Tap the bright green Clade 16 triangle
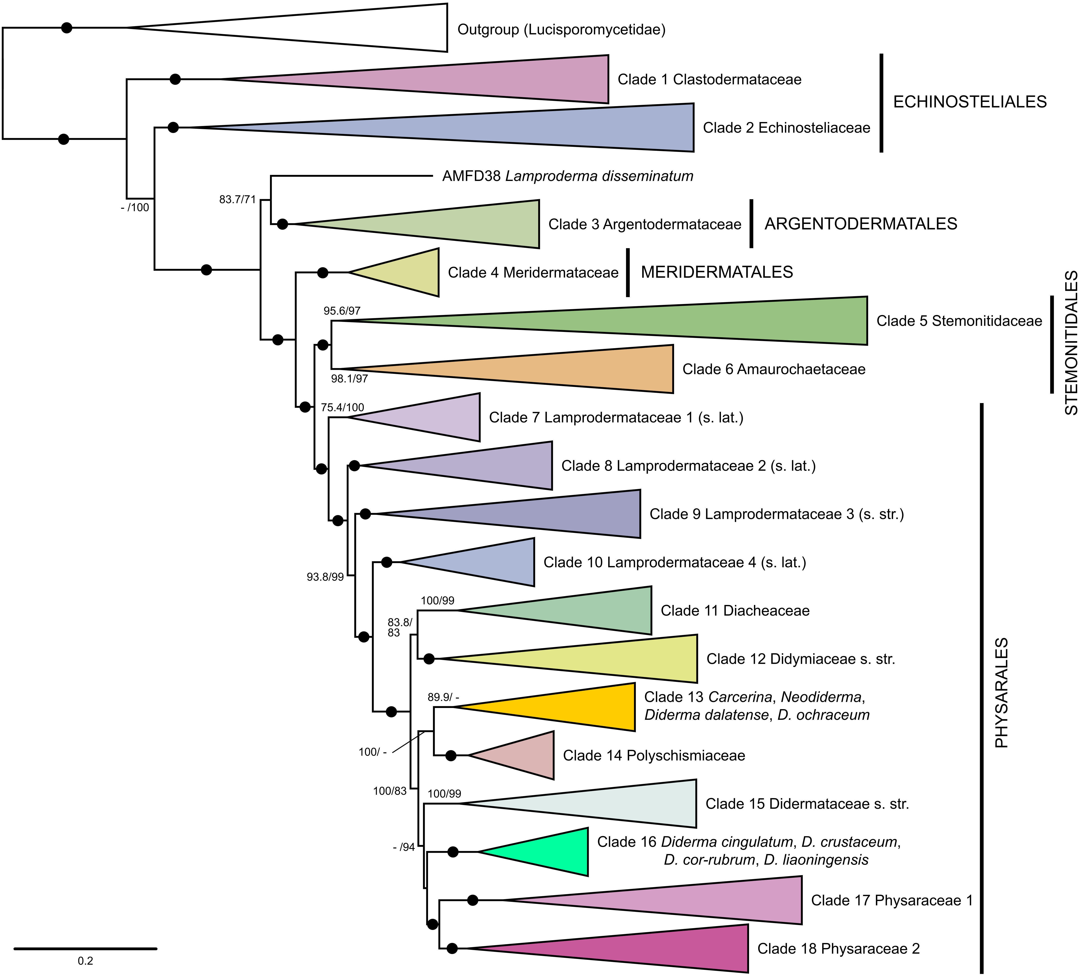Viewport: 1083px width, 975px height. coord(551,852)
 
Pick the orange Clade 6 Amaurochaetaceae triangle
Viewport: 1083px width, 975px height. coord(562,369)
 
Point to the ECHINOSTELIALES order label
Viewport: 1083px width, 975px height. coord(970,102)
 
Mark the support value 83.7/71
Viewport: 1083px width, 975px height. coord(237,199)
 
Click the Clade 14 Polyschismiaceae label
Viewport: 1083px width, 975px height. coord(654,755)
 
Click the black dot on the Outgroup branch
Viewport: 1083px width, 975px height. coord(66,27)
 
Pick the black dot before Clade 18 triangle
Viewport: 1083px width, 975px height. coord(452,949)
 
